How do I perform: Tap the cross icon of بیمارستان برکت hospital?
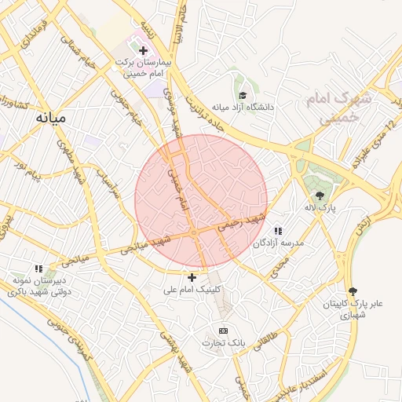click(x=143, y=50)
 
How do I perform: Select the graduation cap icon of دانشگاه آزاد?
click(x=243, y=94)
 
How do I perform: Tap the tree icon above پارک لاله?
click(x=320, y=196)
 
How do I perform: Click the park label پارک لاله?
click(x=320, y=207)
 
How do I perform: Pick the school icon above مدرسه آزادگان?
click(x=278, y=231)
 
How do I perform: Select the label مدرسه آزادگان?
click(x=278, y=243)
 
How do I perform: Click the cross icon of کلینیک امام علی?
click(x=192, y=277)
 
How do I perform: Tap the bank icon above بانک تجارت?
click(x=223, y=331)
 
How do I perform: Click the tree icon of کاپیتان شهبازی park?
click(x=351, y=291)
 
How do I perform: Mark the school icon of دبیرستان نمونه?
click(x=38, y=269)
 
